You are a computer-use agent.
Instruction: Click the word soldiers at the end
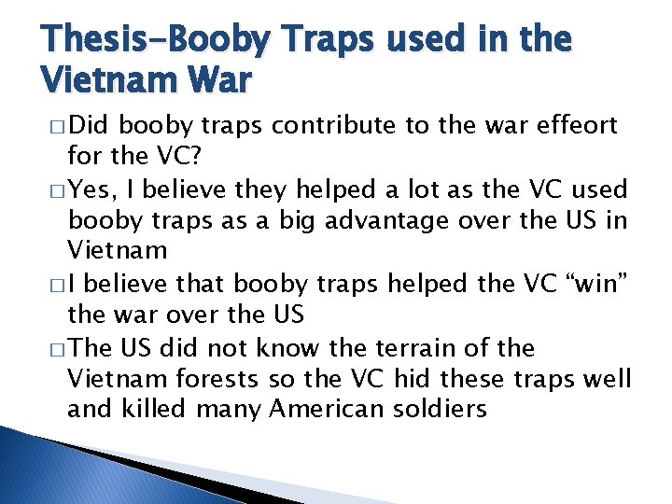(442, 408)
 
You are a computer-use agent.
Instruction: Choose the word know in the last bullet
(289, 349)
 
